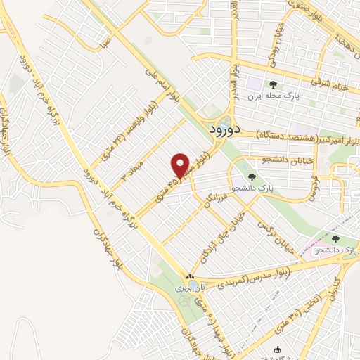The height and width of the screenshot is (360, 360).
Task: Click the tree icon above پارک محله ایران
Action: coord(273,85)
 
